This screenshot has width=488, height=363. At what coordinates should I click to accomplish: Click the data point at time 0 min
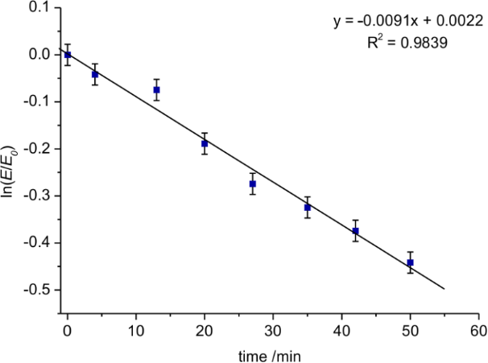[68, 55]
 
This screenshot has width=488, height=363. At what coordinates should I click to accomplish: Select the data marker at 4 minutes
[95, 74]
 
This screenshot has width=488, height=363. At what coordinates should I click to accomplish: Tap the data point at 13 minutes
[157, 90]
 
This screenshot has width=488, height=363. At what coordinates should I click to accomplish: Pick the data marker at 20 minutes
[205, 143]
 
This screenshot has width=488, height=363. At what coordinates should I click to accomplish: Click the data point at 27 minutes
[253, 184]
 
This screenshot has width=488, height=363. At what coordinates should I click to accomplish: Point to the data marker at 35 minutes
[308, 208]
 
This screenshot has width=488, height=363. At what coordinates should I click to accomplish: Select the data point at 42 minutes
[355, 231]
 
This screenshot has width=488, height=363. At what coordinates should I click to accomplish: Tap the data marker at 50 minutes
[410, 262]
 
